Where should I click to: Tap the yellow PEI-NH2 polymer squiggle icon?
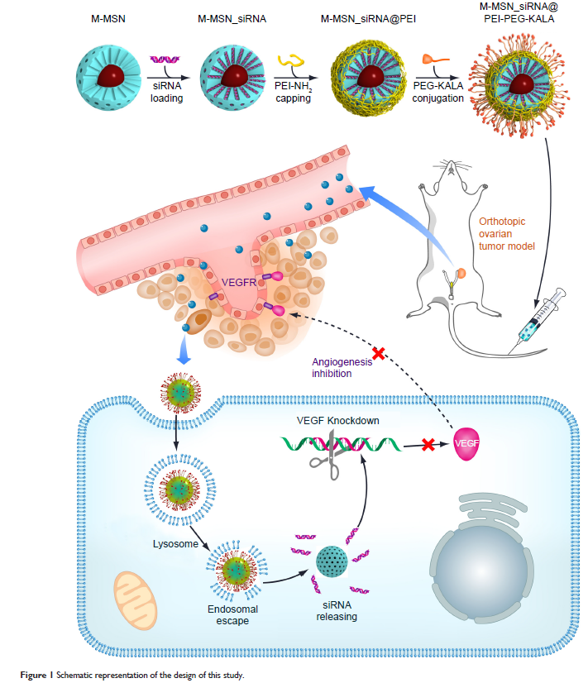[293, 61]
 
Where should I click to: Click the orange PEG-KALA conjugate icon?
[437, 60]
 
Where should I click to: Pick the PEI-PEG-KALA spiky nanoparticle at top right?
[519, 84]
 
